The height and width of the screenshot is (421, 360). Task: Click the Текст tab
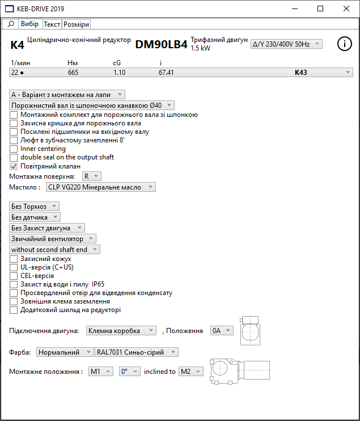(52, 24)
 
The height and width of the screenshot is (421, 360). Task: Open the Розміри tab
(76, 24)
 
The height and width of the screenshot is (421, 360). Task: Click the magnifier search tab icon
(10, 24)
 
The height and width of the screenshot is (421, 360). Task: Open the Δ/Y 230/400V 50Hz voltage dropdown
(286, 44)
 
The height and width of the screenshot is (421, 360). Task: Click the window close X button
(346, 9)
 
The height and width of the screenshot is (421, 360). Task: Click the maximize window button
(320, 9)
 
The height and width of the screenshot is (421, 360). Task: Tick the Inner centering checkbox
(14, 149)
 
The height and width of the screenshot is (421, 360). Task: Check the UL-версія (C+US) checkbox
(14, 267)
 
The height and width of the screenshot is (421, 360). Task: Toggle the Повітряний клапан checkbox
(14, 166)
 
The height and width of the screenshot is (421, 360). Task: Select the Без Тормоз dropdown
(35, 207)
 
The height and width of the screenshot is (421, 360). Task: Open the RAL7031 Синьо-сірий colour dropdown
(136, 352)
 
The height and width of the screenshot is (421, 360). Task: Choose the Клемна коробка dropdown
(121, 330)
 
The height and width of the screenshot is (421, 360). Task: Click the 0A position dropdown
(221, 330)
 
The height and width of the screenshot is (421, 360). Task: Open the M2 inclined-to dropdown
(190, 372)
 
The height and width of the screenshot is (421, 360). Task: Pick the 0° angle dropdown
(129, 372)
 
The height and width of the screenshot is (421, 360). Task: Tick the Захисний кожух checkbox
(14, 259)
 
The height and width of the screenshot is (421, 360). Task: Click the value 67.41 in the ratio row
(166, 73)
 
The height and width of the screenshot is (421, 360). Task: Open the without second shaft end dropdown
(55, 249)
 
